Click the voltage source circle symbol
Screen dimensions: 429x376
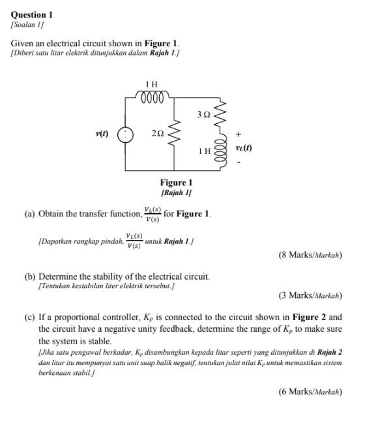click(125, 134)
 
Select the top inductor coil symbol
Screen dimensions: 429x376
click(151, 96)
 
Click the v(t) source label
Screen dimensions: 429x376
click(102, 134)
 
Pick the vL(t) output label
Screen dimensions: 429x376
click(244, 148)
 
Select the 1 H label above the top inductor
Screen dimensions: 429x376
click(151, 83)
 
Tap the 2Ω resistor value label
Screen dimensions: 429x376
click(157, 133)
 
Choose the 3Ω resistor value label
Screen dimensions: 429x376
click(203, 115)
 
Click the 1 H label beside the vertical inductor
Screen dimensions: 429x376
click(205, 151)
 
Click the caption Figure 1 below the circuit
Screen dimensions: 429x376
click(176, 183)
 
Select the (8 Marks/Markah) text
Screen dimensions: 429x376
click(310, 255)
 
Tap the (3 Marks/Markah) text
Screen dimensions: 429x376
click(310, 295)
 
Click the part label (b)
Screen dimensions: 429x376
click(30, 276)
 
